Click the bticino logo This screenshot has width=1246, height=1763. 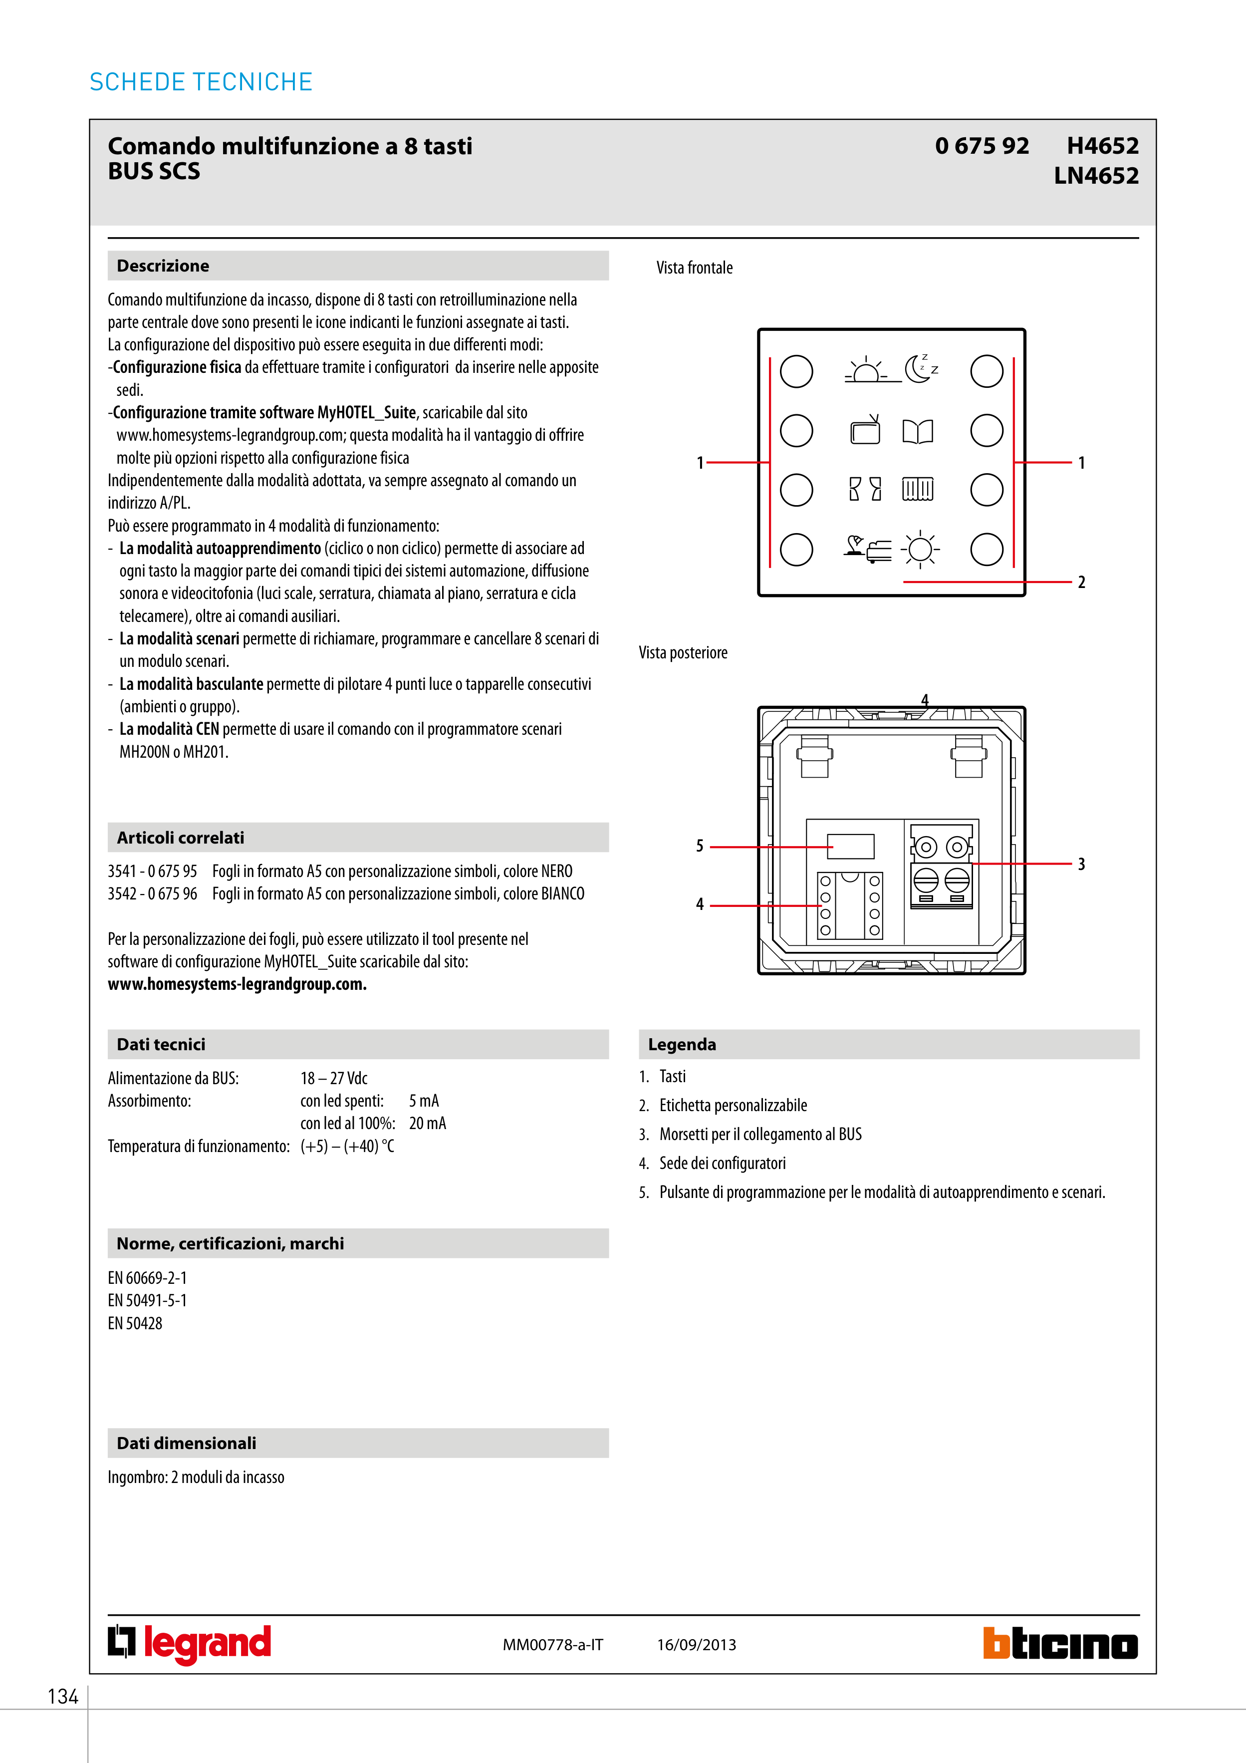(1060, 1643)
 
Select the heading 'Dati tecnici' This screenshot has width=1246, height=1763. (161, 1044)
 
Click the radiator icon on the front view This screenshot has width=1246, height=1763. (918, 489)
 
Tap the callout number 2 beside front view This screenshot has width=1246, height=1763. (1081, 582)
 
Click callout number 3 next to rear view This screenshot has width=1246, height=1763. (1081, 864)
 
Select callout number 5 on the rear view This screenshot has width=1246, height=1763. (700, 846)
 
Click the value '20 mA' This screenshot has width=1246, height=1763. (427, 1124)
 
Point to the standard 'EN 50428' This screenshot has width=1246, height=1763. (135, 1323)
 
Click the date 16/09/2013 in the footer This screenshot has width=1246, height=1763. (696, 1645)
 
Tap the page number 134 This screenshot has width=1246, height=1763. (63, 1696)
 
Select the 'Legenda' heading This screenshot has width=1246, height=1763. (682, 1044)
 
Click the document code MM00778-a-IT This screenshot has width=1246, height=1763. (553, 1645)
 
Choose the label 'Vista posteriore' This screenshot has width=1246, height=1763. (683, 653)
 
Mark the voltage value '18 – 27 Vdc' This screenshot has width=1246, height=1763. (334, 1078)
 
